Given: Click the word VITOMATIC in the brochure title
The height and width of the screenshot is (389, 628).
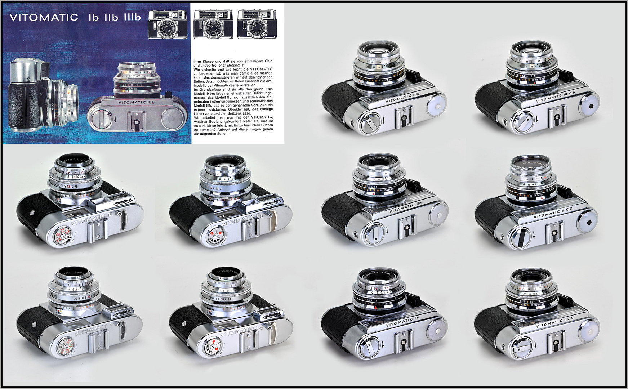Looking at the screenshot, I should (x=44, y=17).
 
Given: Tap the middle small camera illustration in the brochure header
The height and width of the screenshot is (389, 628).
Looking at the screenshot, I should (x=213, y=24).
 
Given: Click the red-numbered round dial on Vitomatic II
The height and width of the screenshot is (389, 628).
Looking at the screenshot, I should (x=62, y=236).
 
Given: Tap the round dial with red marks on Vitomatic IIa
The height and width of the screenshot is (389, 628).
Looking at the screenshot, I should (x=217, y=235).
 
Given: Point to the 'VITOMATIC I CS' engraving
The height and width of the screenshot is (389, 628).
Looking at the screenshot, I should (x=555, y=323).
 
